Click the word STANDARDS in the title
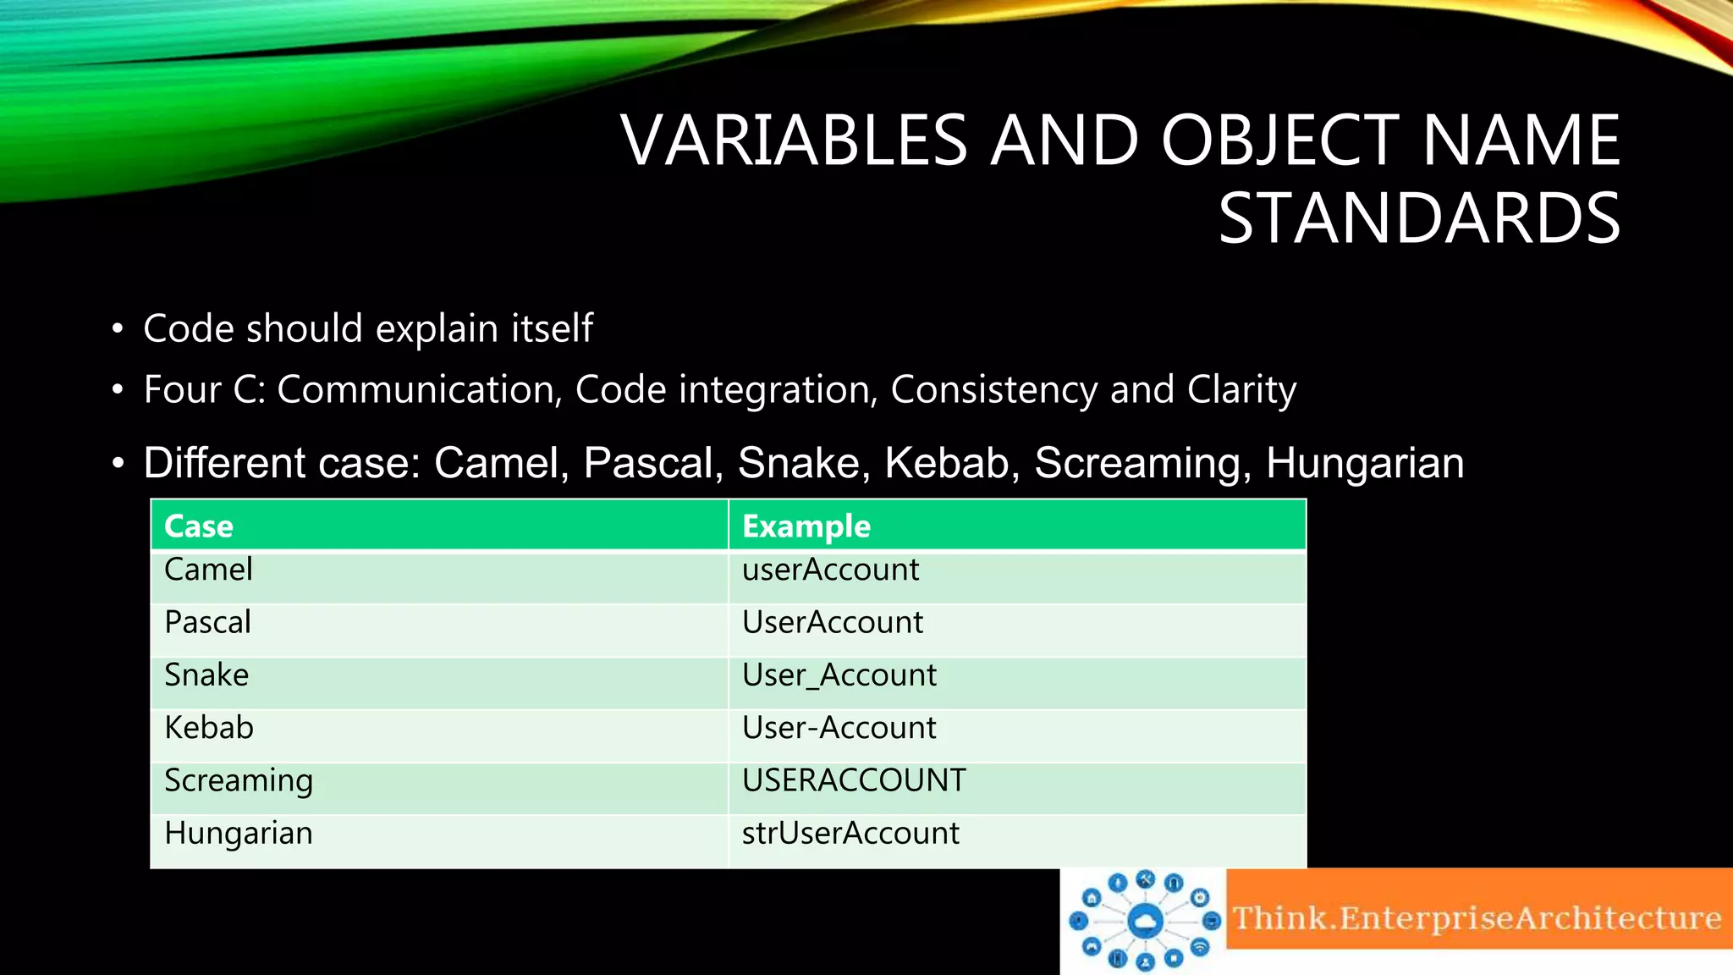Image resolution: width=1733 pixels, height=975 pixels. coord(1419,218)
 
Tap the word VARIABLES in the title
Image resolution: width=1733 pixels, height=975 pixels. coord(794,140)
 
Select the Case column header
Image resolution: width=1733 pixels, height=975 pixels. coord(199,526)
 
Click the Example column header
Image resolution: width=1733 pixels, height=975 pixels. coord(806,526)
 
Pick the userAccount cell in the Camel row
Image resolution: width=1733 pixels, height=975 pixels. coord(830,570)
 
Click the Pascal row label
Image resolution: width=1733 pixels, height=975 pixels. coord(207,623)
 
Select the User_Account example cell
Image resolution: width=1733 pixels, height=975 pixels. coord(839,675)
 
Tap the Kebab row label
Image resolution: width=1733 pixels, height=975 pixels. coord(208,728)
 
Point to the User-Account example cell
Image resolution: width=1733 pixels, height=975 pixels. coord(839,728)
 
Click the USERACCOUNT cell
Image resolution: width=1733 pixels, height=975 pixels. coord(853,780)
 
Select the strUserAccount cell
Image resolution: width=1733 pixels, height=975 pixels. coord(850,834)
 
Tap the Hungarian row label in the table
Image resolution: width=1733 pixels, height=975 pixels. coord(238,834)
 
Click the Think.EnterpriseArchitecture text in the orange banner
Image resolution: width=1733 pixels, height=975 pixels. coord(1477,918)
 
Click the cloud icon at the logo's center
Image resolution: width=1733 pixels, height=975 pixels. coord(1145,920)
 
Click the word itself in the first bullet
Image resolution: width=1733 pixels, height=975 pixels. coord(552,328)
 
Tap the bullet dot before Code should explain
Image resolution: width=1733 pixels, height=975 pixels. coord(118,329)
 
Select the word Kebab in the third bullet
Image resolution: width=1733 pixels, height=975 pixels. coord(952,463)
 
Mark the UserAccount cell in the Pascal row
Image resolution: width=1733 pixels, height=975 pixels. coord(832,623)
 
